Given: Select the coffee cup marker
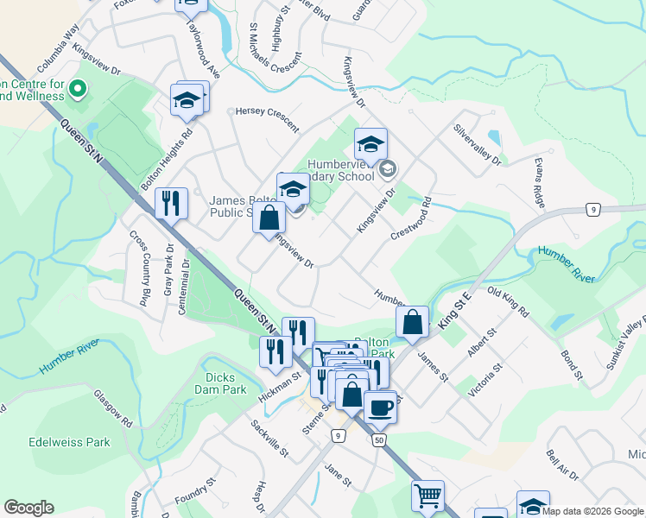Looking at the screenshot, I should (x=379, y=407).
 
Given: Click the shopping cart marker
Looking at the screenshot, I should (x=427, y=496).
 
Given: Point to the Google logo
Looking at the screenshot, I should (x=28, y=508).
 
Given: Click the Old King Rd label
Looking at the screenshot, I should (x=510, y=302).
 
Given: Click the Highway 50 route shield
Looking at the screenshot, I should (x=379, y=441).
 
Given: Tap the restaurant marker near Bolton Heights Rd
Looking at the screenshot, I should (x=171, y=204).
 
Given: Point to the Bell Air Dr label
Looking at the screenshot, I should (x=562, y=466).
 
